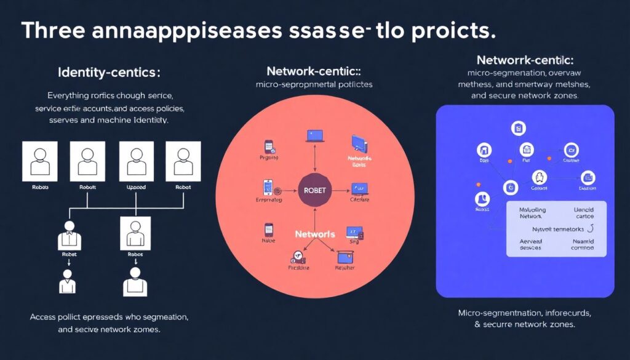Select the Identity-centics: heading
pos(108,73)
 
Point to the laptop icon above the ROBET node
pos(314,136)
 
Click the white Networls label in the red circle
pos(315,234)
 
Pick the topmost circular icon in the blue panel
pos(518,129)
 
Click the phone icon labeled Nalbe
pos(268,230)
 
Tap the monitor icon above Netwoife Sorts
pos(359,143)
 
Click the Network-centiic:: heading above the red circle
pos(314,71)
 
